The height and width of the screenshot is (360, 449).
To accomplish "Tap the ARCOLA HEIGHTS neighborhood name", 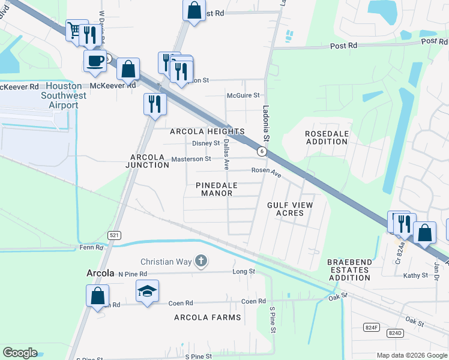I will point(207,131).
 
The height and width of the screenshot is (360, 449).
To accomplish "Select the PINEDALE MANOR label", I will point(217,189).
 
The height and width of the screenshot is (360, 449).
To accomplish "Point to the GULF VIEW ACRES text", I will point(290,209).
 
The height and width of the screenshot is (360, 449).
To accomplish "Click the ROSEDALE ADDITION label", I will point(327,137).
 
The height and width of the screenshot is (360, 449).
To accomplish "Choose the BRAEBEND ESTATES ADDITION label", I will point(349,270).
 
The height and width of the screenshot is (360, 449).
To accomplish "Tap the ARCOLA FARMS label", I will point(208,317).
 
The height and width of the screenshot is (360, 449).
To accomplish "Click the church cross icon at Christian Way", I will point(201,261).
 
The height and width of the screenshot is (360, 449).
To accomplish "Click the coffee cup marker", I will point(95,61).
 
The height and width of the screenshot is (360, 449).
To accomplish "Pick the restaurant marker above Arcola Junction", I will point(154,103).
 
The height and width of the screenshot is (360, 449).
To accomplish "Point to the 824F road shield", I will point(372,327).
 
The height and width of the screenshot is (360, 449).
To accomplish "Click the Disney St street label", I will point(206,143).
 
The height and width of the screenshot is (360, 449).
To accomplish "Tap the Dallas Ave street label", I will point(226,154).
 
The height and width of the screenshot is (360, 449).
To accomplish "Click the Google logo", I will point(20,352).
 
